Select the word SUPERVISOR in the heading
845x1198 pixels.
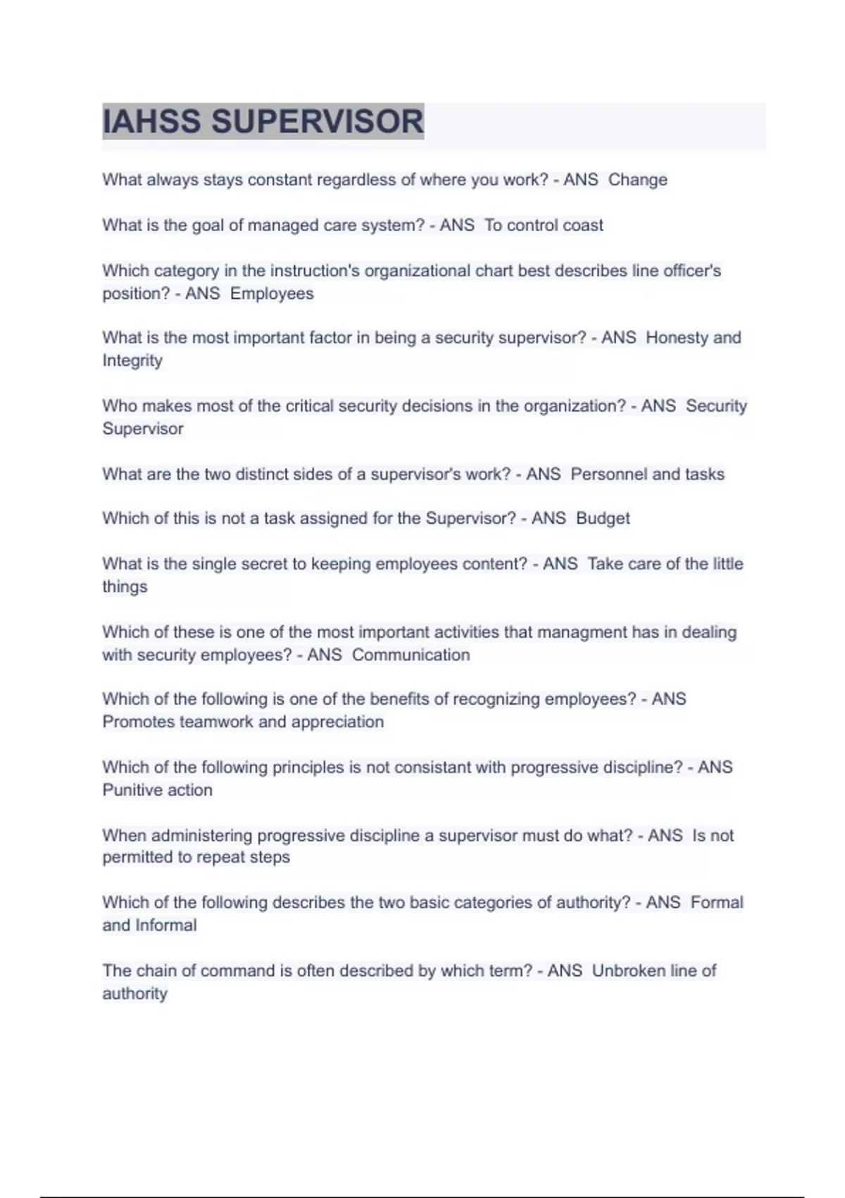coord(318,121)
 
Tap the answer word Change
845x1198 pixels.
coord(637,180)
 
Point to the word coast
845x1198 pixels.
coord(582,226)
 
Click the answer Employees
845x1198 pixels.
coord(272,293)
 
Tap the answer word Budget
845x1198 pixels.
coord(603,519)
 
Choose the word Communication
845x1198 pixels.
coord(411,655)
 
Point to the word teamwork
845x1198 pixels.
coord(216,722)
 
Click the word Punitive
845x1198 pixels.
coord(132,790)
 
